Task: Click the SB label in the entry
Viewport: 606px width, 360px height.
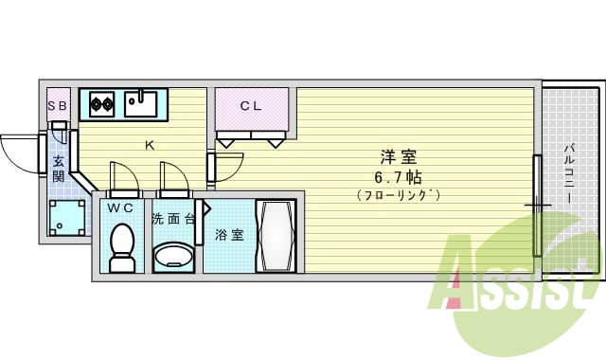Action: pos(58,105)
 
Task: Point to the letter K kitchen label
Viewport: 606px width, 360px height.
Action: pos(150,145)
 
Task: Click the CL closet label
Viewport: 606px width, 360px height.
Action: pos(250,106)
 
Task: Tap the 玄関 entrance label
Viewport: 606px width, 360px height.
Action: pos(59,169)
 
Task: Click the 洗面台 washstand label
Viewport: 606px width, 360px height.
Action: pos(173,219)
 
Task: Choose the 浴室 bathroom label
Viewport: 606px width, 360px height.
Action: pos(229,234)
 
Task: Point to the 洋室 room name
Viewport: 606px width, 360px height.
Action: pos(398,158)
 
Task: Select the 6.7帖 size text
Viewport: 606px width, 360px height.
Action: pos(398,177)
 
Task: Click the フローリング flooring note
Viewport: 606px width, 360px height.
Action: pos(398,195)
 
